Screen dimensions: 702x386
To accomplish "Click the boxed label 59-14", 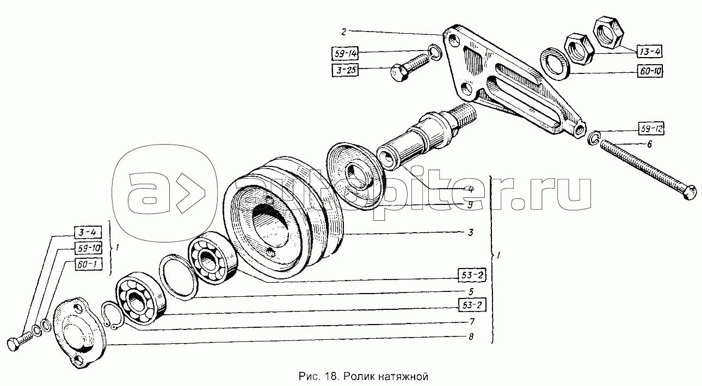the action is [344, 54].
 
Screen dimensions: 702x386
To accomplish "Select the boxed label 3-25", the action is [345, 70].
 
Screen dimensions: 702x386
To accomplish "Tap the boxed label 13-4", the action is [650, 51].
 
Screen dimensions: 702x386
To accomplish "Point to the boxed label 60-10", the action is [650, 71].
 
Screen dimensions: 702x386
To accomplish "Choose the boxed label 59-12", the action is [651, 128].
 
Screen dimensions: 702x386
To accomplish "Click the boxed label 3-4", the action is [88, 232].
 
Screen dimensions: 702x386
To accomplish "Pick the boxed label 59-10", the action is [88, 248].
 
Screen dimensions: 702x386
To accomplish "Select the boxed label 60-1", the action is [88, 264].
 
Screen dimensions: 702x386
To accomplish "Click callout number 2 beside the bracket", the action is [343, 32].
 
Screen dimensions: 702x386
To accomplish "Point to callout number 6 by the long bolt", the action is [649, 144].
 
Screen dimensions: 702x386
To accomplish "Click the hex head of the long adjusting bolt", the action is [691, 192].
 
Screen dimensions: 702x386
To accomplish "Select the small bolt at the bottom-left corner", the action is [20, 343].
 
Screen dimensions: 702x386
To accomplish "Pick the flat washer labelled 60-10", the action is [555, 64].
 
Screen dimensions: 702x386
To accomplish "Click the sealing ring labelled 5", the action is [178, 277].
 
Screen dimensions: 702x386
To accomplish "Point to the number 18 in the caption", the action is [331, 376].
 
